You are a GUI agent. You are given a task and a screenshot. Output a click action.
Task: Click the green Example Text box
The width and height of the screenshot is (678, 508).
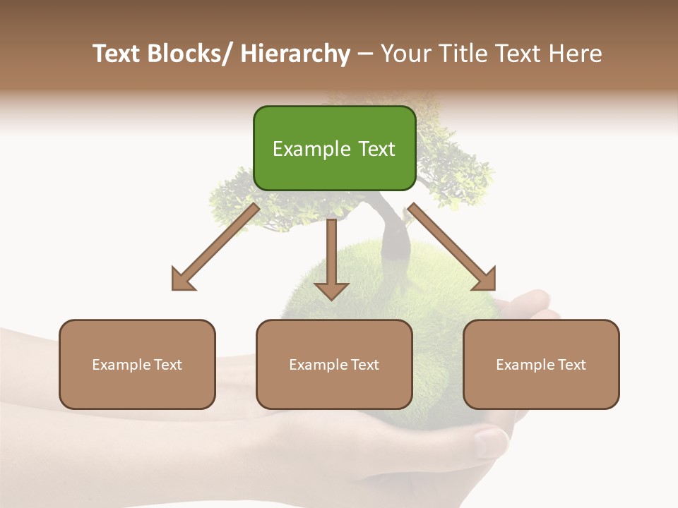point(334,148)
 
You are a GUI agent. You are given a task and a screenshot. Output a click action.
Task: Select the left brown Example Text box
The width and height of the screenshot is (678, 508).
point(137,364)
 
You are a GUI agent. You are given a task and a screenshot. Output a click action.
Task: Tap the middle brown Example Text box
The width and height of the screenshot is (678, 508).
point(334,364)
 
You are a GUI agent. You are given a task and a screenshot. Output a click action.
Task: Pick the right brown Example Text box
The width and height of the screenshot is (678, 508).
point(541,364)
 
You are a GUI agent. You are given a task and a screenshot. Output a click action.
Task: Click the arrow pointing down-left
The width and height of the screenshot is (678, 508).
point(215,247)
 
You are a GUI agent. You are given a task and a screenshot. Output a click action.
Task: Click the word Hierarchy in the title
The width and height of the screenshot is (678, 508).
point(295,54)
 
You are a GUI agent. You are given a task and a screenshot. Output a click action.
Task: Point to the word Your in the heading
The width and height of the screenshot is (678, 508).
point(405,54)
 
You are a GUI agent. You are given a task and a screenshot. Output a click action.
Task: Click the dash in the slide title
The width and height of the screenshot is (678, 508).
point(364,54)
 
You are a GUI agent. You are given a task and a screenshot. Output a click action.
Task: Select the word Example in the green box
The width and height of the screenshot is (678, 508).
point(302,149)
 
